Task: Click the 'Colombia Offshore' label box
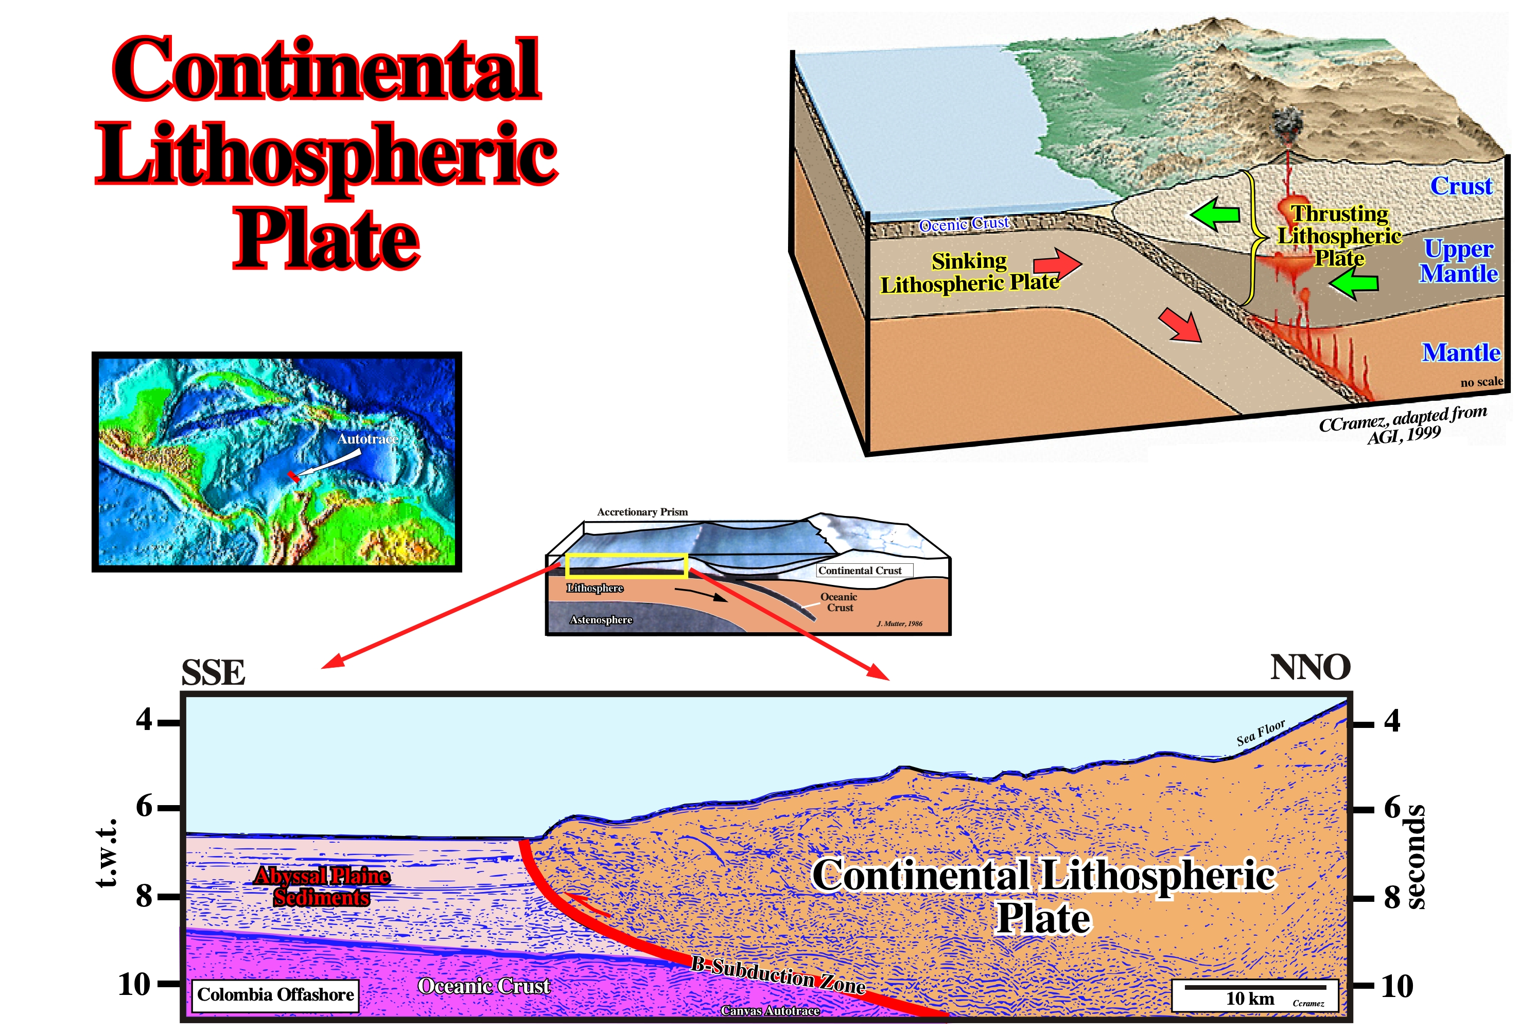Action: (275, 994)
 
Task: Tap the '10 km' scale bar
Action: (1254, 987)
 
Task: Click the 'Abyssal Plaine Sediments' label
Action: (322, 886)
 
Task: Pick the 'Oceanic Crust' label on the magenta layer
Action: (484, 986)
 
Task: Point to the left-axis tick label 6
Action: (145, 806)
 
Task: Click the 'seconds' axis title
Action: (1416, 857)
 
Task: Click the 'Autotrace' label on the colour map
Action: (368, 439)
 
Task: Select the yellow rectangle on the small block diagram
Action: (626, 565)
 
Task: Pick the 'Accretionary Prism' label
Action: (642, 512)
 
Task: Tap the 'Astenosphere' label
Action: (601, 620)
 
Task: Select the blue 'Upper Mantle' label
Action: (1459, 260)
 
